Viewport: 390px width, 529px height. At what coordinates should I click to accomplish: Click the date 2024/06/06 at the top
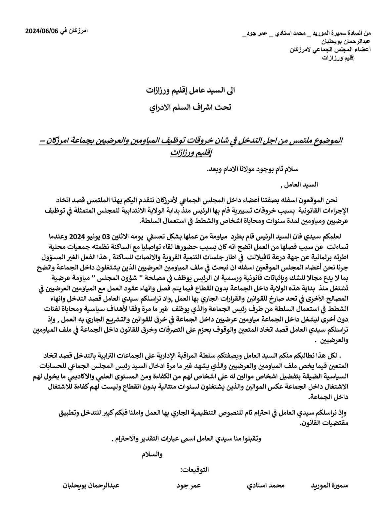coord(42,31)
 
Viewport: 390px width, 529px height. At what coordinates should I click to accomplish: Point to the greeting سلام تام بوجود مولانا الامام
coord(252,169)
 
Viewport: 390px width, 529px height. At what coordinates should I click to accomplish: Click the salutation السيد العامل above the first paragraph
coord(299,185)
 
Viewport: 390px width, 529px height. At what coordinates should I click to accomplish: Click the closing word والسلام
coord(152,455)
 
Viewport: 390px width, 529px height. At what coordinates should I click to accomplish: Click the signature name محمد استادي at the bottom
coord(266,486)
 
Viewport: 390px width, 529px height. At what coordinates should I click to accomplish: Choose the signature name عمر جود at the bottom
coord(188,486)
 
